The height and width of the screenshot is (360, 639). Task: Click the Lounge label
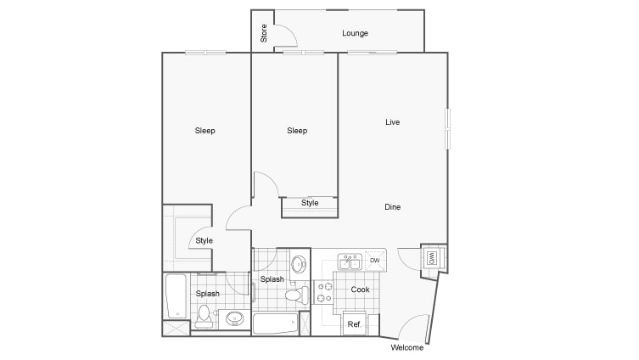(x=355, y=34)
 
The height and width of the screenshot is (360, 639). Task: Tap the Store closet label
(x=264, y=34)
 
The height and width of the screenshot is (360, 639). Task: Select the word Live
(x=392, y=122)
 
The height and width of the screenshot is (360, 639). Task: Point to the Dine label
(x=392, y=207)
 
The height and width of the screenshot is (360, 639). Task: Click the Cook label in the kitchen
(x=361, y=290)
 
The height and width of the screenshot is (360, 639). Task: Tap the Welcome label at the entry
(x=406, y=348)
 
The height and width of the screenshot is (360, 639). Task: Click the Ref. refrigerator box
(x=355, y=324)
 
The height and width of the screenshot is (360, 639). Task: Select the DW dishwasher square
(x=374, y=261)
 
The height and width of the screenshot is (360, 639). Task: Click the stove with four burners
(x=325, y=293)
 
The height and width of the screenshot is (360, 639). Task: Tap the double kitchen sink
(x=349, y=262)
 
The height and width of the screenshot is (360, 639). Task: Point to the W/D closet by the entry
(x=432, y=257)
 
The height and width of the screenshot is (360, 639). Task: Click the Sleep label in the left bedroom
(x=205, y=131)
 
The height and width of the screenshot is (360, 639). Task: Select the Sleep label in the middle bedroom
(x=296, y=131)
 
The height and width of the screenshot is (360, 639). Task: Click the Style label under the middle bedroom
(x=310, y=203)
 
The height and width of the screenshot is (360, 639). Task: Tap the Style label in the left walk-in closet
(x=205, y=241)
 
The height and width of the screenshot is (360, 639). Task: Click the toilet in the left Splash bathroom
(x=203, y=316)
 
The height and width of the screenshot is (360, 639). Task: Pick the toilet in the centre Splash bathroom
(x=294, y=296)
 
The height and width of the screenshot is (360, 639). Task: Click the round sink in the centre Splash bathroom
(x=299, y=264)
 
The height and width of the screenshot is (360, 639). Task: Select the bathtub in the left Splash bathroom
(x=176, y=294)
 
